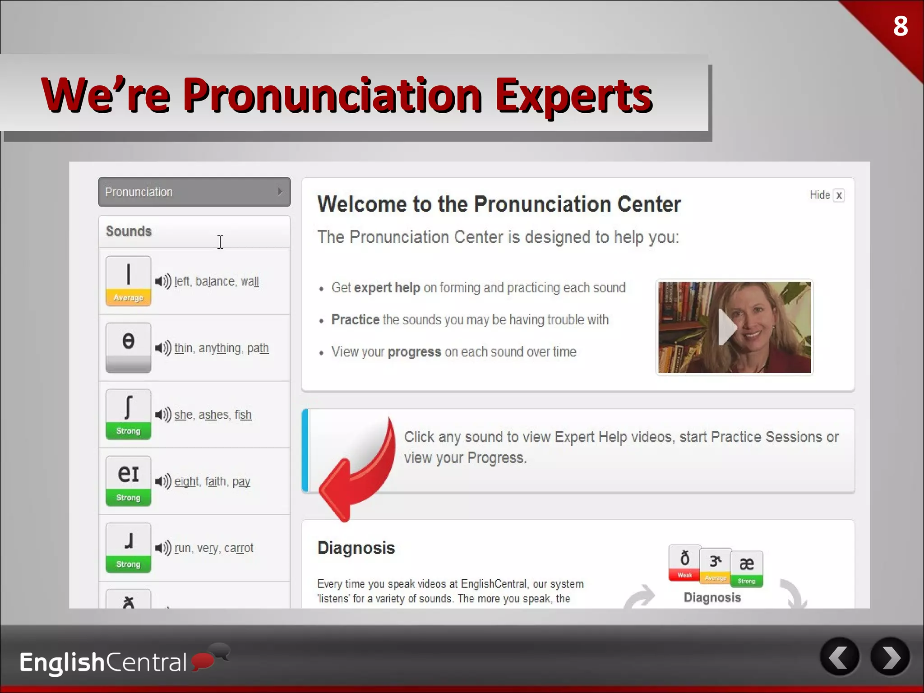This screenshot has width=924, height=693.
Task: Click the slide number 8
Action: pyautogui.click(x=900, y=26)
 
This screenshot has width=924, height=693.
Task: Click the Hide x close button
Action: pyautogui.click(x=838, y=195)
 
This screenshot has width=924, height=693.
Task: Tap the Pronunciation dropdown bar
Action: pyautogui.click(x=194, y=192)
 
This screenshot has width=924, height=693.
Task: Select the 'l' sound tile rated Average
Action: pyautogui.click(x=128, y=281)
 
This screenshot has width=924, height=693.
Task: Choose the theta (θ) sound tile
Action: pyautogui.click(x=128, y=347)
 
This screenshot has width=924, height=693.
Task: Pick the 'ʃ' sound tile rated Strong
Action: pyautogui.click(x=128, y=414)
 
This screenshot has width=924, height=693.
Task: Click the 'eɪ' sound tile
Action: pyautogui.click(x=128, y=481)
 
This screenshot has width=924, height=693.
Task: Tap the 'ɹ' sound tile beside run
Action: pyautogui.click(x=128, y=548)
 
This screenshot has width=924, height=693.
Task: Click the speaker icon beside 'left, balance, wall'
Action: pyautogui.click(x=163, y=281)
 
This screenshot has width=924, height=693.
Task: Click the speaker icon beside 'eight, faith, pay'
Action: pyautogui.click(x=163, y=481)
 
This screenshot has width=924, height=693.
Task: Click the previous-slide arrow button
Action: pyautogui.click(x=840, y=657)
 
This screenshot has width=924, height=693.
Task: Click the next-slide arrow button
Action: pyautogui.click(x=890, y=657)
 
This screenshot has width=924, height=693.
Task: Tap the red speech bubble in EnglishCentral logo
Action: pyautogui.click(x=203, y=661)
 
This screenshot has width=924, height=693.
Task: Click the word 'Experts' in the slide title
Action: pyautogui.click(x=573, y=96)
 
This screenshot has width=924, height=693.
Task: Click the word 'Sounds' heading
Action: pyautogui.click(x=129, y=231)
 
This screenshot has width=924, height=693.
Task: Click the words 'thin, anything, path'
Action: pyautogui.click(x=222, y=348)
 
